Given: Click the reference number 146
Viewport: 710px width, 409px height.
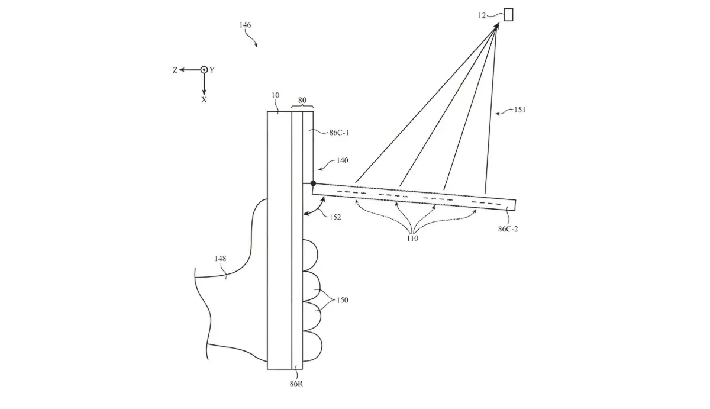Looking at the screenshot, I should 245,25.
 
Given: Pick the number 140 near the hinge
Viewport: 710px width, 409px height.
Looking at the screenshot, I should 341,160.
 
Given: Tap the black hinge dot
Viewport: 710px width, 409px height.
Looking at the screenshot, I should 313,183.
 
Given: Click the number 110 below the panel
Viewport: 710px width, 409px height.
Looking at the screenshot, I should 412,239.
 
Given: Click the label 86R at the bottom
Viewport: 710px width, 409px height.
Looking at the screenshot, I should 296,384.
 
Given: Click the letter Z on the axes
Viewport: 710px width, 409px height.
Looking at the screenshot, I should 175,70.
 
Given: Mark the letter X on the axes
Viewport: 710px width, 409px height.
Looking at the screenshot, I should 204,100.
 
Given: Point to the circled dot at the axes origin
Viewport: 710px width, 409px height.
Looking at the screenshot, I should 204,70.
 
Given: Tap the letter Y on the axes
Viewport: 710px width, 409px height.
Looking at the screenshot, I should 212,70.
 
